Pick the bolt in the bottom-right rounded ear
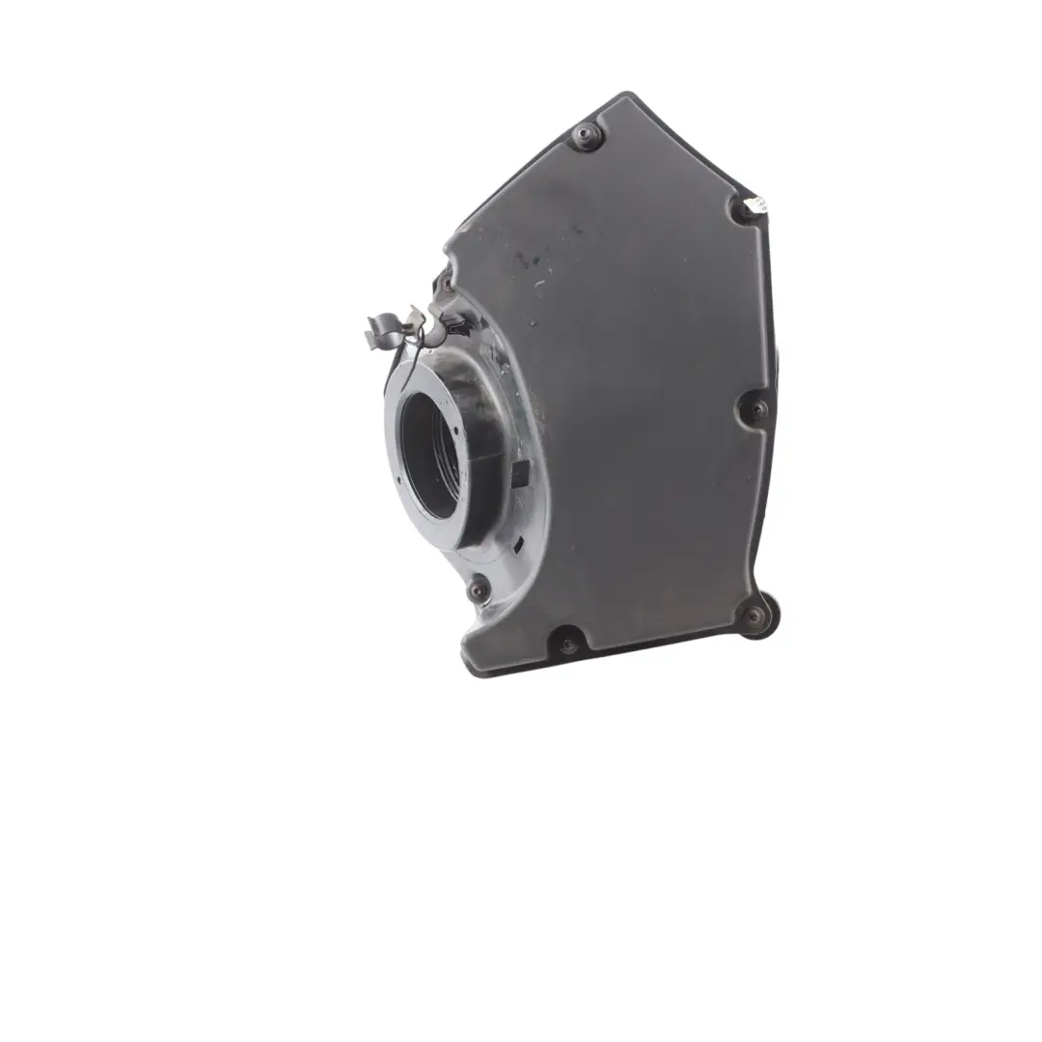pyautogui.click(x=754, y=616)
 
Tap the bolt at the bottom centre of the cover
pyautogui.click(x=567, y=641)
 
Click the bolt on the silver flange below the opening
pyautogui.click(x=478, y=590)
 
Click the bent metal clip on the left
pyautogui.click(x=396, y=328)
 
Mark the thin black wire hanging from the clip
pyautogui.click(x=398, y=362)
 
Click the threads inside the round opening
pyautogui.click(x=449, y=453)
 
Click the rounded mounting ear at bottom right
pyautogui.click(x=762, y=617)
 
